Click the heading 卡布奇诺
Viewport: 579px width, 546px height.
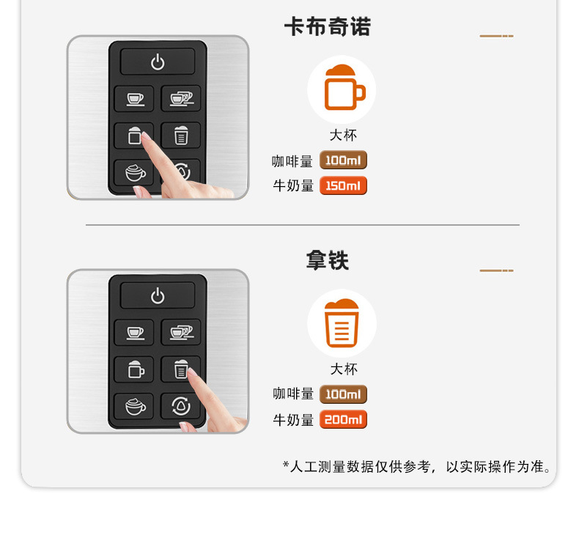coord(327,27)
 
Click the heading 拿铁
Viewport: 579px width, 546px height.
coord(327,261)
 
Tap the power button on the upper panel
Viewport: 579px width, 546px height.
coord(158,62)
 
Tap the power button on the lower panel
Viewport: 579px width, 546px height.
coord(158,296)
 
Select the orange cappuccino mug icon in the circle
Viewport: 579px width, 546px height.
coord(342,89)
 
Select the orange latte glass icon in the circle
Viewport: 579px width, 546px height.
coord(342,323)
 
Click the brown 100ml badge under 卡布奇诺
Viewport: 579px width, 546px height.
coord(343,161)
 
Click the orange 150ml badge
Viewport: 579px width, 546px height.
coord(343,185)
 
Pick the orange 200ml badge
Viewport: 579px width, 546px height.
coord(343,420)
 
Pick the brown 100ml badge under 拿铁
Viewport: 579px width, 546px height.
coord(343,394)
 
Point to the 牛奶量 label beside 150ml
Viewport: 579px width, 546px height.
coord(293,186)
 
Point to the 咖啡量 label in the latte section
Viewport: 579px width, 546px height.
coord(293,394)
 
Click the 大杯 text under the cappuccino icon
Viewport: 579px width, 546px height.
coord(343,136)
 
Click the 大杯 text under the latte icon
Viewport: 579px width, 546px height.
coord(343,369)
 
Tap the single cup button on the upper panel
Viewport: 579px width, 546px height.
coord(134,98)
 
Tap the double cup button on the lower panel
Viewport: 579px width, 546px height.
coord(180,332)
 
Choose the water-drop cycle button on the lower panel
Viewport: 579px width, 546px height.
coord(180,405)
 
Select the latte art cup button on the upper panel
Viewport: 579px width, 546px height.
coord(134,172)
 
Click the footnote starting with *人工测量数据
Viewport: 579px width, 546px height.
coord(417,467)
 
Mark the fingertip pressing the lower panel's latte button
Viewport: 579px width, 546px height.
coord(192,374)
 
